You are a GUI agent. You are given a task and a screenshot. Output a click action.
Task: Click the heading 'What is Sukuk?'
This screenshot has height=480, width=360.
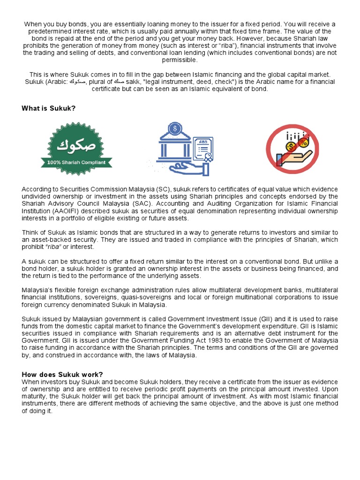[48, 108]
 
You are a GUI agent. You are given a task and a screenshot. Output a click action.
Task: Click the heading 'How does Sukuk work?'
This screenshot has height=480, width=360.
[62, 374]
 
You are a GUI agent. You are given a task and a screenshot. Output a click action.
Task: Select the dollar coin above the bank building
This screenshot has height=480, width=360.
[175, 128]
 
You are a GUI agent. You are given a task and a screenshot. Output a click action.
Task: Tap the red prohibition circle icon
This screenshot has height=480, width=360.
[292, 149]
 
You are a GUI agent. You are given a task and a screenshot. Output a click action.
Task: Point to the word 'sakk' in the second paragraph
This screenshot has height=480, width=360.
[133, 82]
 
